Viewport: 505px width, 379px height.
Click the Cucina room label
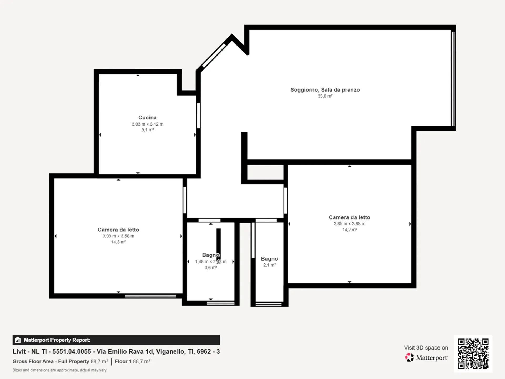point(147,118)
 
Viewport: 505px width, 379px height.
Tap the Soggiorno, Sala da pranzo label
point(325,90)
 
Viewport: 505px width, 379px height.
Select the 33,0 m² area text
point(325,96)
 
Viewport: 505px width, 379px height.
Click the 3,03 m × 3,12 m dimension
point(148,124)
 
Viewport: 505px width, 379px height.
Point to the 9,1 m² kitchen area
point(148,130)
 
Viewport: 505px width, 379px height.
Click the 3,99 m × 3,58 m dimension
point(118,236)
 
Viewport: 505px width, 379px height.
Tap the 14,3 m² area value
point(118,242)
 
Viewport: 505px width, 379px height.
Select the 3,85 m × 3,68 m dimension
point(350,223)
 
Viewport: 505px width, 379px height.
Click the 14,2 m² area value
point(350,230)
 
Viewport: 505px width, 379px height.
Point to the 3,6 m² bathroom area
point(211,267)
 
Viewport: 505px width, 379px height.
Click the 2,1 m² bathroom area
point(269,265)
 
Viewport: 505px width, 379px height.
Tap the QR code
point(473,353)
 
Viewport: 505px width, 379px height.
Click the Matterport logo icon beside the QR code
point(409,357)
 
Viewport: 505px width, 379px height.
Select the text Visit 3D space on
point(426,348)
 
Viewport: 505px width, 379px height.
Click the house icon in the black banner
point(18,340)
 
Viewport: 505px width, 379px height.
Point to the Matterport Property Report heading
point(57,340)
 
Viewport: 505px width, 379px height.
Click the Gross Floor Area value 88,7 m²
point(99,361)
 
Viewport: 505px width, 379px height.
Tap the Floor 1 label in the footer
point(123,361)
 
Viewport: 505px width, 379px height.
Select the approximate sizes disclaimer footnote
point(59,370)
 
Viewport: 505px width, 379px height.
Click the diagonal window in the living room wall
point(214,56)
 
